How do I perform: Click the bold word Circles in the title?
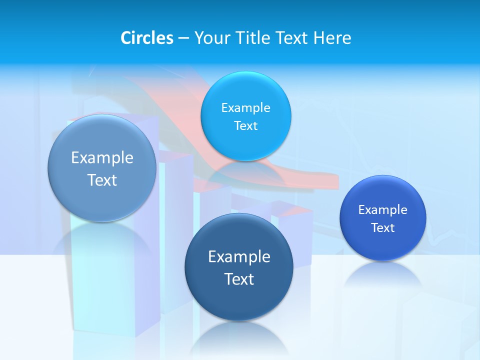coord(147,38)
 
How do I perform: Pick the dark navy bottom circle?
coord(239,300)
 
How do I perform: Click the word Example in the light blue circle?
coord(246,107)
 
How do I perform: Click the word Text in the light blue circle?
coord(246,125)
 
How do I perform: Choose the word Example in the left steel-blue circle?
coord(102,157)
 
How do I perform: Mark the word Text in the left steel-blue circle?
coord(102,180)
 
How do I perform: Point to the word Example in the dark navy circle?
coord(239,256)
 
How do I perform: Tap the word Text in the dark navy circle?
coord(239,279)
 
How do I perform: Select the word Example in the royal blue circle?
coord(383,209)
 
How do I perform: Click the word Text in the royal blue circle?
coord(383,227)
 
